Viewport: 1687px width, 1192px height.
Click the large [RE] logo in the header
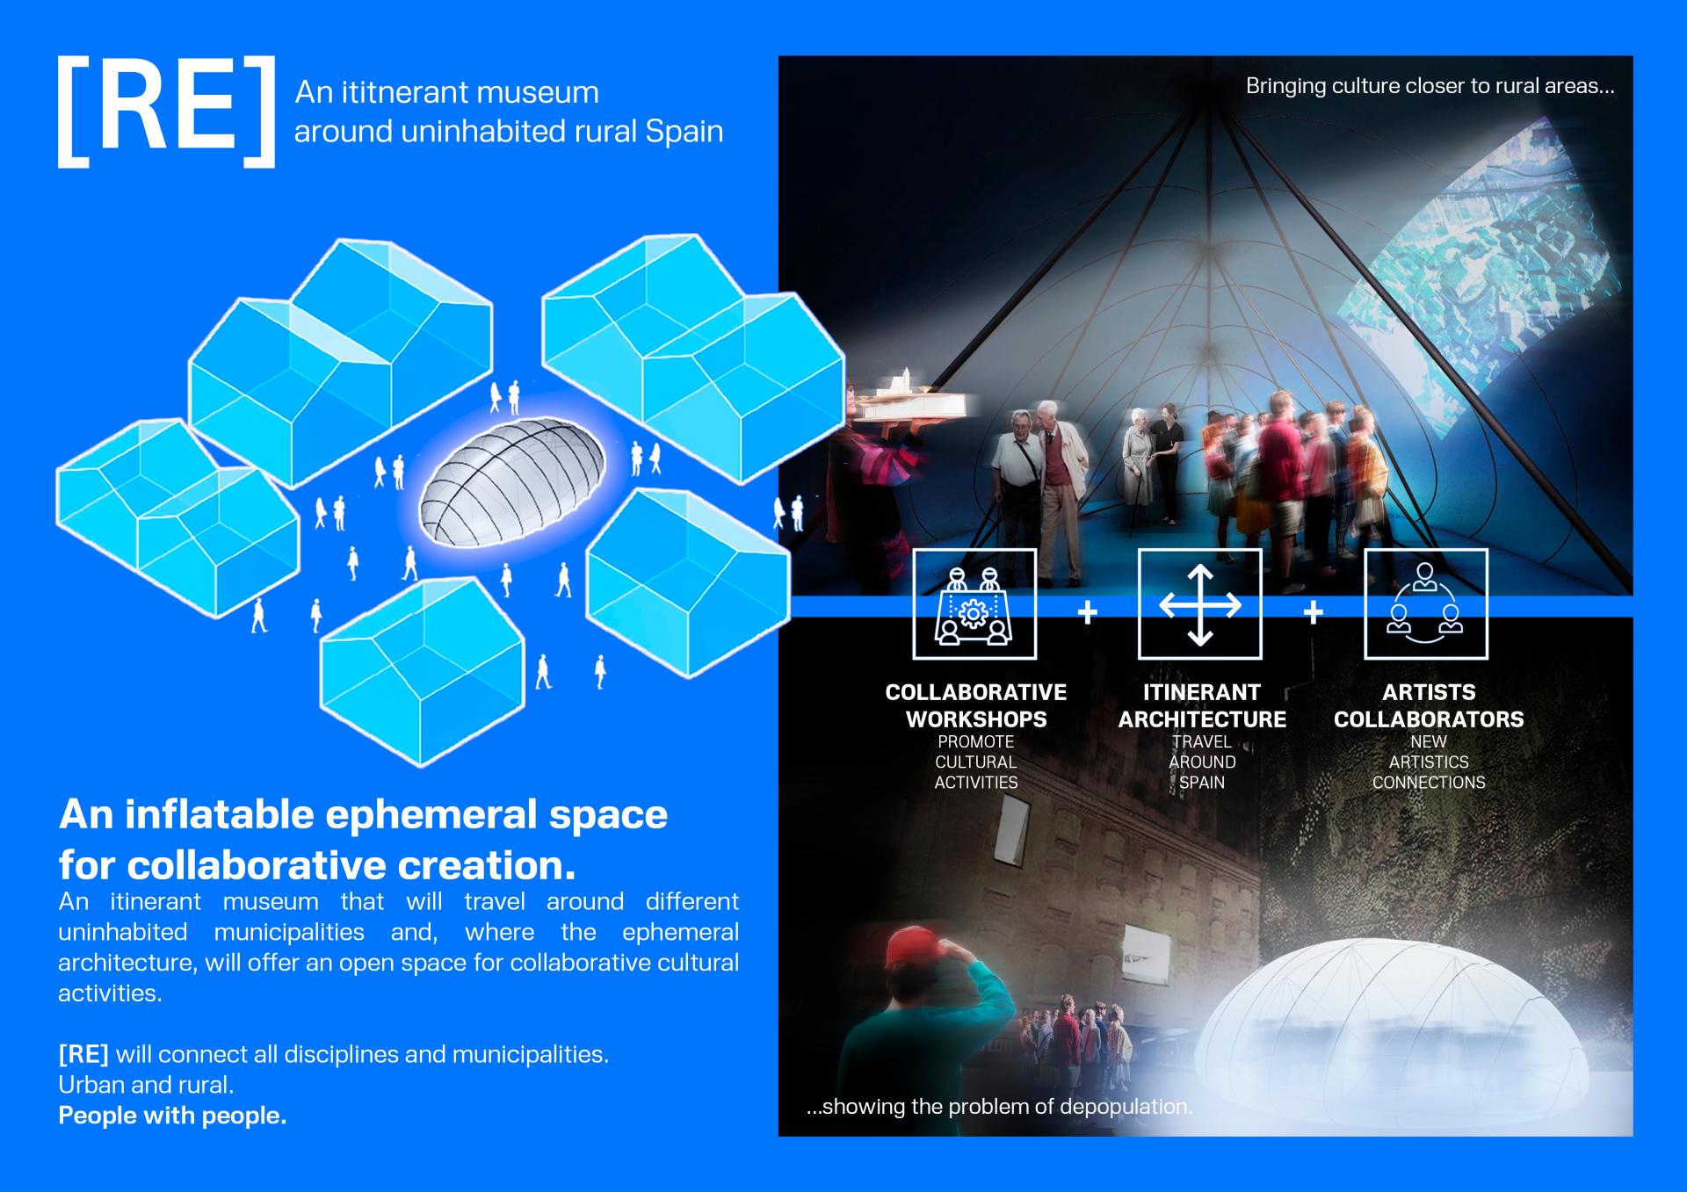click(x=166, y=112)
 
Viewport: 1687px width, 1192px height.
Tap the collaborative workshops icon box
click(x=974, y=604)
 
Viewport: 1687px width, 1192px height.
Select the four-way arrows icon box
click(x=1200, y=604)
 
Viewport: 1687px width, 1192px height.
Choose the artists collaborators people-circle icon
click(x=1425, y=604)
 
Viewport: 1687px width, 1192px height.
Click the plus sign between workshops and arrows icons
click(x=1088, y=611)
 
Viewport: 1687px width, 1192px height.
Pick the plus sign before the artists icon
click(x=1314, y=611)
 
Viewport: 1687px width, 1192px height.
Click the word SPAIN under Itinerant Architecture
click(x=1201, y=783)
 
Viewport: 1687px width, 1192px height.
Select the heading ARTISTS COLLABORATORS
click(x=1429, y=705)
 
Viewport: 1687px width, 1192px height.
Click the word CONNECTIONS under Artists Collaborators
click(x=1429, y=783)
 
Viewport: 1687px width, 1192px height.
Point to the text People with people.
click(x=172, y=1116)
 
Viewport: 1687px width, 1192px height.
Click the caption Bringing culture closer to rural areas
click(x=1430, y=86)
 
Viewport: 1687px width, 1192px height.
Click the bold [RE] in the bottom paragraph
click(x=83, y=1054)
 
